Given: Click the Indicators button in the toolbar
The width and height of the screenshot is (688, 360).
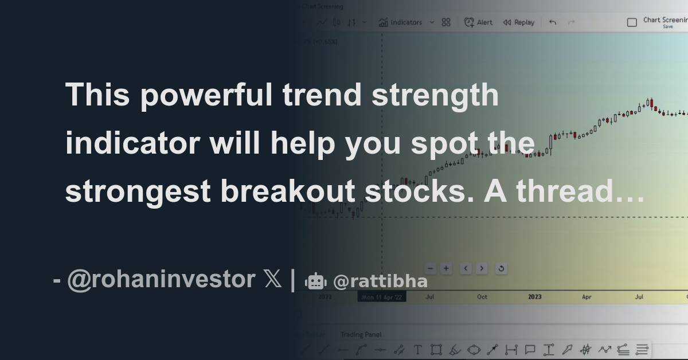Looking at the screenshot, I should [x=401, y=22].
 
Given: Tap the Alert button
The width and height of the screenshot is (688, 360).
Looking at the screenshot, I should [x=478, y=22].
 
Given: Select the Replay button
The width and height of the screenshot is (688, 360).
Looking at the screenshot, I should [x=518, y=22].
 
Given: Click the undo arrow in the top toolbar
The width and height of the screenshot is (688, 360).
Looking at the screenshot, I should [x=553, y=22].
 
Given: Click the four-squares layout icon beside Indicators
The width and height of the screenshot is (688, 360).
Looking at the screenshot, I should [x=446, y=22].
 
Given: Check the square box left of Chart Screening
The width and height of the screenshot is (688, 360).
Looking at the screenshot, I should [x=632, y=22].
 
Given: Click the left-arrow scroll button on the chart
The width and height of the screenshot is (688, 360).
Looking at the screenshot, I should [x=466, y=268].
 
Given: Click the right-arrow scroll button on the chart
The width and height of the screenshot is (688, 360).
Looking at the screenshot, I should [x=482, y=268].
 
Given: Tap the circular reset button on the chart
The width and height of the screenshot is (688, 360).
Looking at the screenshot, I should [x=501, y=268].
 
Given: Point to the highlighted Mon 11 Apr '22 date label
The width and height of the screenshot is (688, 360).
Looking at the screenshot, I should [x=381, y=297].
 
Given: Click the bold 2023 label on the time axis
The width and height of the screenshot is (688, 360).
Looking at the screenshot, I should [x=534, y=297].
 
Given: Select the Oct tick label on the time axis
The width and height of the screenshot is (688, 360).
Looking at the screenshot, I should [x=482, y=297].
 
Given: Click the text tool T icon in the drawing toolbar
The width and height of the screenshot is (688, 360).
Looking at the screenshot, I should [x=418, y=349].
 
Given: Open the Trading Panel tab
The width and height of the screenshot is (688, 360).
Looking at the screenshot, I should [x=361, y=334].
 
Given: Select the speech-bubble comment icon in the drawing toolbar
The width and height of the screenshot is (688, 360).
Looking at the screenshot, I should [x=530, y=349].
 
